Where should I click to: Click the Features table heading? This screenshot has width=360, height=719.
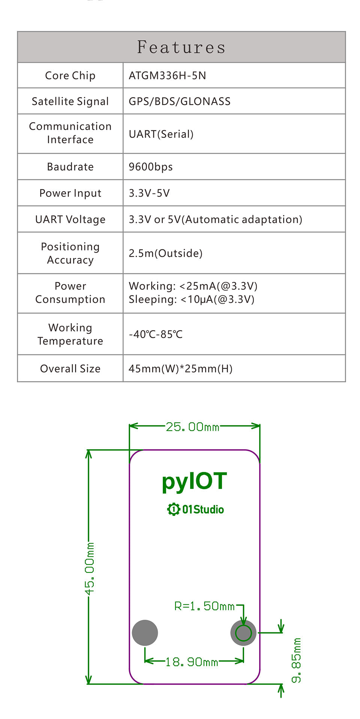[181, 47]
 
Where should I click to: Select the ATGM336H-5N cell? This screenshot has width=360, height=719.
[167, 76]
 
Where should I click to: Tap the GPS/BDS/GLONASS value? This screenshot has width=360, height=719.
[179, 102]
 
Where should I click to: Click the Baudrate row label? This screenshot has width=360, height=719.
[70, 167]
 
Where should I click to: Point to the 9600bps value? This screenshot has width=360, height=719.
[150, 167]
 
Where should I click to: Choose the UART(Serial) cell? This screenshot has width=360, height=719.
[161, 134]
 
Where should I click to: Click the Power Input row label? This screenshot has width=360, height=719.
[70, 193]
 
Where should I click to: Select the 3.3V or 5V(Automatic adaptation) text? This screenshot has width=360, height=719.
[215, 219]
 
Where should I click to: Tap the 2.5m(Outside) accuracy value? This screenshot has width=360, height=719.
[165, 253]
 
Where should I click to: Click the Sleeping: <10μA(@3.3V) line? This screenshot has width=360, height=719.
[191, 300]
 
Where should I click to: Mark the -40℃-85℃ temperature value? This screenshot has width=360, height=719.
[156, 334]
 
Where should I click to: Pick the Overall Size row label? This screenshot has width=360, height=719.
[70, 369]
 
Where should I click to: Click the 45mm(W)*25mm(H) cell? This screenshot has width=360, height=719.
[180, 369]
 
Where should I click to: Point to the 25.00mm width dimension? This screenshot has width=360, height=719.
[192, 427]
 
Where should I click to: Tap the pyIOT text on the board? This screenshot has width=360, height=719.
[194, 481]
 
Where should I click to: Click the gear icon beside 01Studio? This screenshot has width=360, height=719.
[174, 509]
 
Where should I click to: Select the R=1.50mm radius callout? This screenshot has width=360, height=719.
[204, 606]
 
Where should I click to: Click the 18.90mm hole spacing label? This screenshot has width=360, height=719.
[192, 662]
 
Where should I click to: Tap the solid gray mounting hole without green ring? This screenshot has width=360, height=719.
[145, 633]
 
